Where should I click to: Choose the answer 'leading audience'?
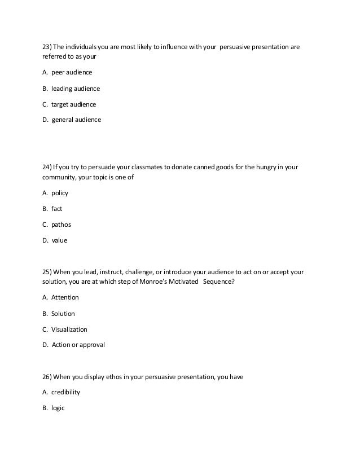tap(76, 89)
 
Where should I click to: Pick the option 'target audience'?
tap(74, 104)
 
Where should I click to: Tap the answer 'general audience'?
tap(77, 120)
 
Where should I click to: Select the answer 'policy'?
tap(60, 193)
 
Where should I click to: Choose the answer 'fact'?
tap(57, 209)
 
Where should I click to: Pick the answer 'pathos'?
tap(62, 225)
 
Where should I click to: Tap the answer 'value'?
tap(59, 240)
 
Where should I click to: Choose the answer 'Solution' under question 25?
tap(63, 313)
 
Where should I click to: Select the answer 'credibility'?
tap(66, 392)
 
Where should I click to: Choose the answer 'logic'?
tap(58, 407)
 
